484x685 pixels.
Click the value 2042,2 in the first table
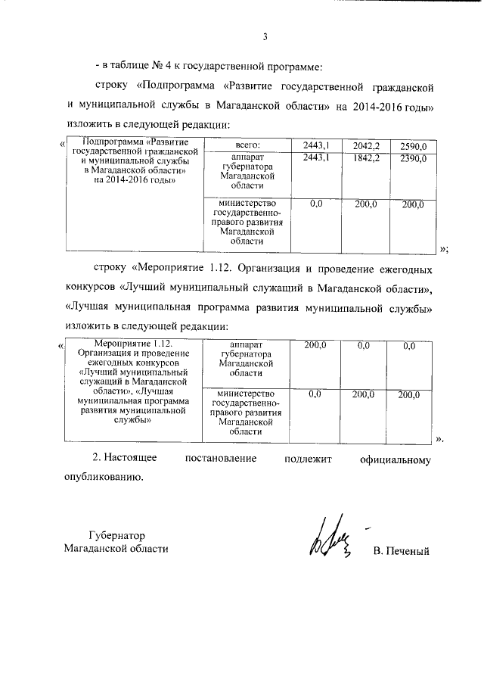tap(361, 145)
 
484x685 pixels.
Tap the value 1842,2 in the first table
tap(361, 157)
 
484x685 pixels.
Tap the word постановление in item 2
tap(223, 459)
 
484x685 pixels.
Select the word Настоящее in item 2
tap(131, 459)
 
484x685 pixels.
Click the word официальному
tap(397, 459)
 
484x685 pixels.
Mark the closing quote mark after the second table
tap(440, 439)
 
